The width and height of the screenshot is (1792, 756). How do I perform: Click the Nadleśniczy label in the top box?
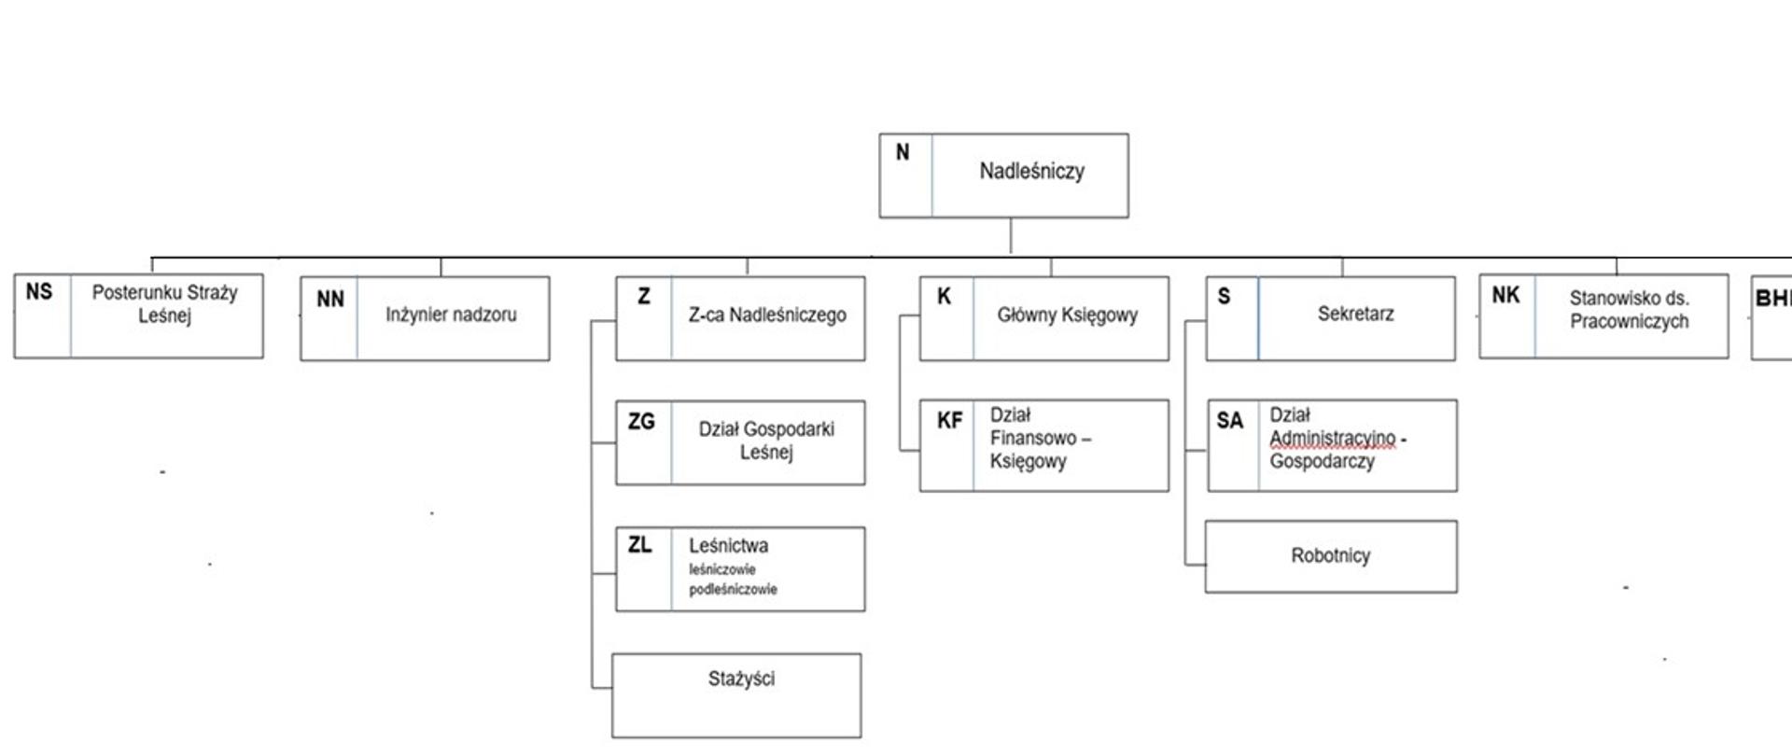(x=1031, y=172)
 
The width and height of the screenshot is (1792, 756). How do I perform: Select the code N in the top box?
(x=903, y=152)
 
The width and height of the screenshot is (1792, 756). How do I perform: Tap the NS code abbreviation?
(x=39, y=292)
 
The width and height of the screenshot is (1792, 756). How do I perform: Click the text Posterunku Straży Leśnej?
(x=164, y=304)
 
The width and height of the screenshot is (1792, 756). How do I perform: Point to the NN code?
(x=330, y=300)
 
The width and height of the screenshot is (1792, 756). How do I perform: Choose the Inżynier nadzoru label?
(x=451, y=315)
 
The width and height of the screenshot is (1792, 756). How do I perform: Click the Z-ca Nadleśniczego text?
(x=767, y=315)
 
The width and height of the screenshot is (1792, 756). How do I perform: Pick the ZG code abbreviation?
(x=641, y=422)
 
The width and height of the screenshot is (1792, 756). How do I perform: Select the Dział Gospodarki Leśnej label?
(x=766, y=441)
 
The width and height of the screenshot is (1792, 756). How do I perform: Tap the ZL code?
(x=640, y=545)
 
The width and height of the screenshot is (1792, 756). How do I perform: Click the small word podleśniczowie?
(x=733, y=590)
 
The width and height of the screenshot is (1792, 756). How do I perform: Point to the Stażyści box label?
(x=741, y=679)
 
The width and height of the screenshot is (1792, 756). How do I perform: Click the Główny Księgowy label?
(x=1067, y=315)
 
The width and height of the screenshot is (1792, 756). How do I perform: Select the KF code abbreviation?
(x=949, y=421)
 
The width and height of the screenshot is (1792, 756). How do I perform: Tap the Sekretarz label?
(x=1355, y=315)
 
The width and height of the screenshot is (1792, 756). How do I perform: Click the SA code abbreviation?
(x=1229, y=421)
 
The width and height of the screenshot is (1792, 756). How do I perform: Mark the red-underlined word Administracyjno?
(x=1332, y=438)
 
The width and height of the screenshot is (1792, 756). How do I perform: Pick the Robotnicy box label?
(x=1330, y=556)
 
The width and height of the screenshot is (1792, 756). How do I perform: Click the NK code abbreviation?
(x=1505, y=296)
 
